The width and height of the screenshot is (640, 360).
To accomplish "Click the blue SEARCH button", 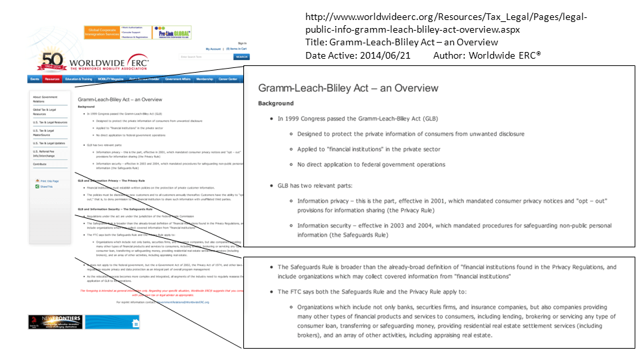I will click(x=241, y=57).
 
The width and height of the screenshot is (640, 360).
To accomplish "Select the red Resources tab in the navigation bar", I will click(x=53, y=79).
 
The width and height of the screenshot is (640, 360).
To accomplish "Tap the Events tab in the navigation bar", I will click(x=35, y=79).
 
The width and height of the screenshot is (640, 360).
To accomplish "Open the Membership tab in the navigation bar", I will click(x=205, y=79).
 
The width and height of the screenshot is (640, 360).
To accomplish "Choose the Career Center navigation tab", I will click(x=228, y=79).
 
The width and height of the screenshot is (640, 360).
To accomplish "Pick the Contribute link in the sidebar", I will click(x=40, y=163).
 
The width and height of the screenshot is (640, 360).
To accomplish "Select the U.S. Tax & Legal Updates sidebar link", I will click(x=49, y=143).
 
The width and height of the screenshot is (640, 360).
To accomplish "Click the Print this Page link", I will click(x=49, y=181).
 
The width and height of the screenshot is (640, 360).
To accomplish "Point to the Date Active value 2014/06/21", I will click(x=385, y=55).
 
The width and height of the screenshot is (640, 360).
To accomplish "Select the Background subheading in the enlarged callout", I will click(x=275, y=103).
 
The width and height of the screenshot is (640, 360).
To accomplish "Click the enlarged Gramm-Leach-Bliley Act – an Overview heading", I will click(x=348, y=88).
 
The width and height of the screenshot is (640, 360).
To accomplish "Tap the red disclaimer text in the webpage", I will click(x=160, y=292).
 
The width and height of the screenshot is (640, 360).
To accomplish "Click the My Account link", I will click(x=213, y=49).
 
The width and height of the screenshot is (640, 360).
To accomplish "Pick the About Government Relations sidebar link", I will click(x=45, y=99).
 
